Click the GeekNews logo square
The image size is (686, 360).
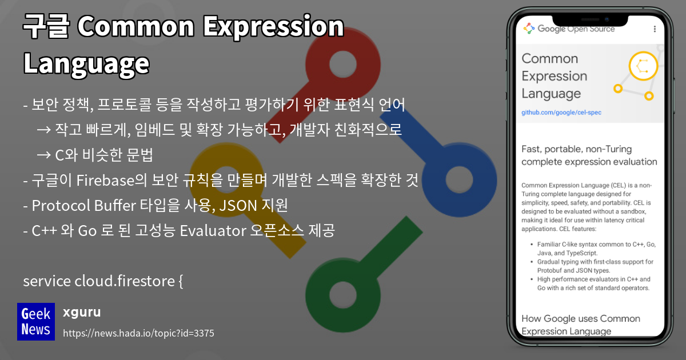[x=36, y=322]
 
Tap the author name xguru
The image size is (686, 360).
[x=82, y=312]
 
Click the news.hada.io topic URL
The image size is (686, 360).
[x=138, y=333]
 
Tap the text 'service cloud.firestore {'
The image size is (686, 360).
[x=103, y=281]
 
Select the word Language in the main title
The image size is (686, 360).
[x=86, y=63]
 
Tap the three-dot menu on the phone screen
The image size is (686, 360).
[x=655, y=29]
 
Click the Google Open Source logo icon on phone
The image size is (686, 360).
[x=529, y=29]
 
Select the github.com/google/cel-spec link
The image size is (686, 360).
[x=561, y=113]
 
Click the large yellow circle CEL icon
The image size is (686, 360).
[x=643, y=66]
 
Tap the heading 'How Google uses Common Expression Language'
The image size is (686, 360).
[x=580, y=325]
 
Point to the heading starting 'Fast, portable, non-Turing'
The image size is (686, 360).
[x=589, y=155]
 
